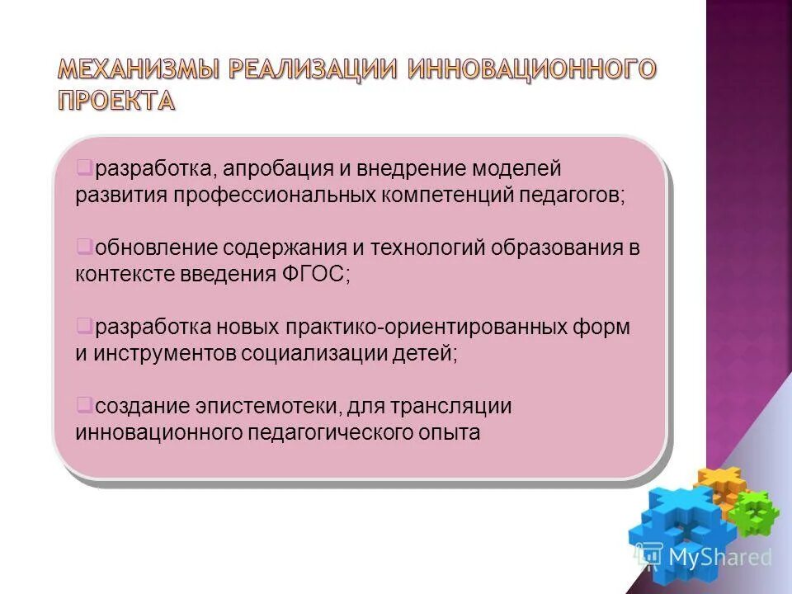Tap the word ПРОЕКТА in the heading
tap(116, 100)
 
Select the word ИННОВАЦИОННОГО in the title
tap(531, 70)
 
